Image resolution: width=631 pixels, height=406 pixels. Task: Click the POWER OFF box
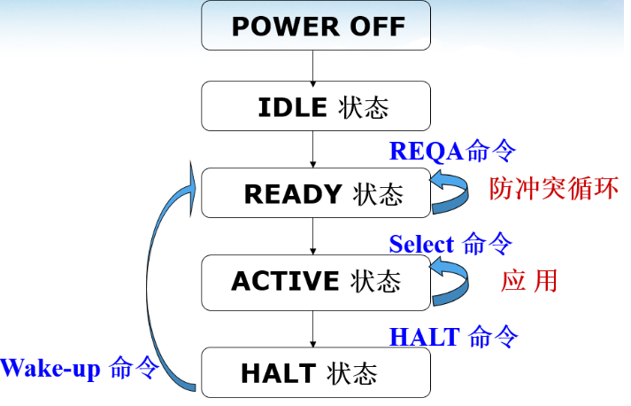coord(316,25)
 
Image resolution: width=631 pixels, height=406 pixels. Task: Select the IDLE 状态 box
coord(316,106)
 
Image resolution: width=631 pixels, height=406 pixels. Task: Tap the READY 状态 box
coord(316,193)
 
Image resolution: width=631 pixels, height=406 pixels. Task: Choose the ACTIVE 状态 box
coord(316,281)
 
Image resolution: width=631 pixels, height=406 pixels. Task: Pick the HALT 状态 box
coord(316,371)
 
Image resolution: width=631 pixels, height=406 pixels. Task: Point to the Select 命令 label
coord(450,244)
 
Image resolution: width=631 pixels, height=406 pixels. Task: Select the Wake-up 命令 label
coord(79,367)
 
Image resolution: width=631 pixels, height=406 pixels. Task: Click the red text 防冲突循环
coord(553,189)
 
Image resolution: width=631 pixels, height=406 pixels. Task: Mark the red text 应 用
coord(529,281)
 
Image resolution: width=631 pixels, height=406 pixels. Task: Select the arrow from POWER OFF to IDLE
coord(313,66)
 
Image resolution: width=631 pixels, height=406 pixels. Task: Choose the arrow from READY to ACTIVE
coord(313,236)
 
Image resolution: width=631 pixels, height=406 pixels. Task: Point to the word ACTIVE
coord(285,281)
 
